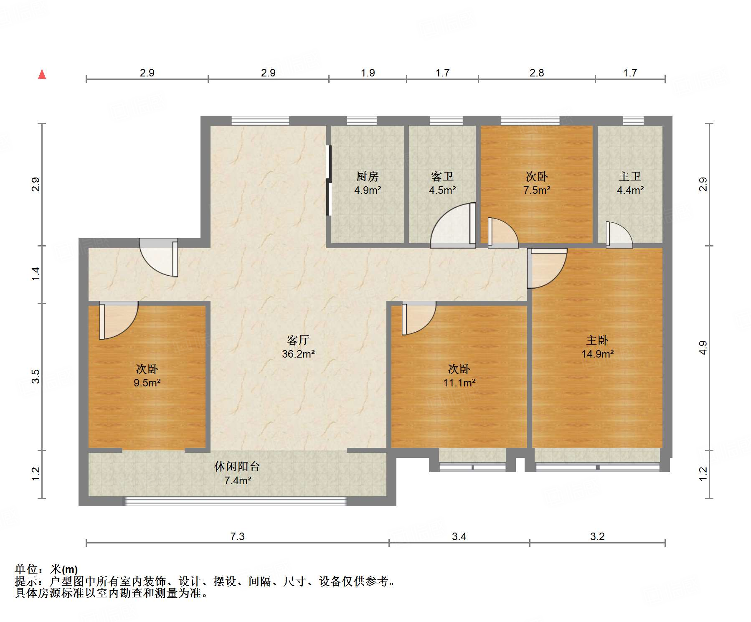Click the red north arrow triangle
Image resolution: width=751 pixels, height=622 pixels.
pos(42,75)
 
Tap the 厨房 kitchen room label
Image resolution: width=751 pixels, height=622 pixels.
pos(368,176)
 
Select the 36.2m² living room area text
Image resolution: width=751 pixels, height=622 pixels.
pos(298,354)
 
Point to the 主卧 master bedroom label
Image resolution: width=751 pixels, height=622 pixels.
pos(597,340)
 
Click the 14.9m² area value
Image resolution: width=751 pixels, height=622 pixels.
pos(597,354)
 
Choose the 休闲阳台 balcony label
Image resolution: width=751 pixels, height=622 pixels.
pos(237,467)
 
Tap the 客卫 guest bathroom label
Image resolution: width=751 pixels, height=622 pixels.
pos(442,176)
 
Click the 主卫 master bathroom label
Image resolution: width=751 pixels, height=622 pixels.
pos(630,176)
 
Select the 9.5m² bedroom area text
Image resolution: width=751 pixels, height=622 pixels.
pos(147,383)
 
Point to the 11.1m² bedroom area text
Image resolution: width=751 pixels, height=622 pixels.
pos(459,383)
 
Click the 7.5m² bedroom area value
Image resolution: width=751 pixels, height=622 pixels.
pos(537,190)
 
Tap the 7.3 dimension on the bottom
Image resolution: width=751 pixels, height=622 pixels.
pos(237,536)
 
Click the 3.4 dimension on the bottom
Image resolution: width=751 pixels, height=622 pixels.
pos(459,536)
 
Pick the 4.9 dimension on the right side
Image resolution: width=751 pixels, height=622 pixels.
pos(703,348)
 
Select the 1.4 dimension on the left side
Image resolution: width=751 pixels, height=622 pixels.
pos(36,274)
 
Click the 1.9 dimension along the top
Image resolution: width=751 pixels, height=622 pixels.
pos(368,73)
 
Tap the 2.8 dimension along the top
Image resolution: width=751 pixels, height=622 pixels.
pos(537,73)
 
